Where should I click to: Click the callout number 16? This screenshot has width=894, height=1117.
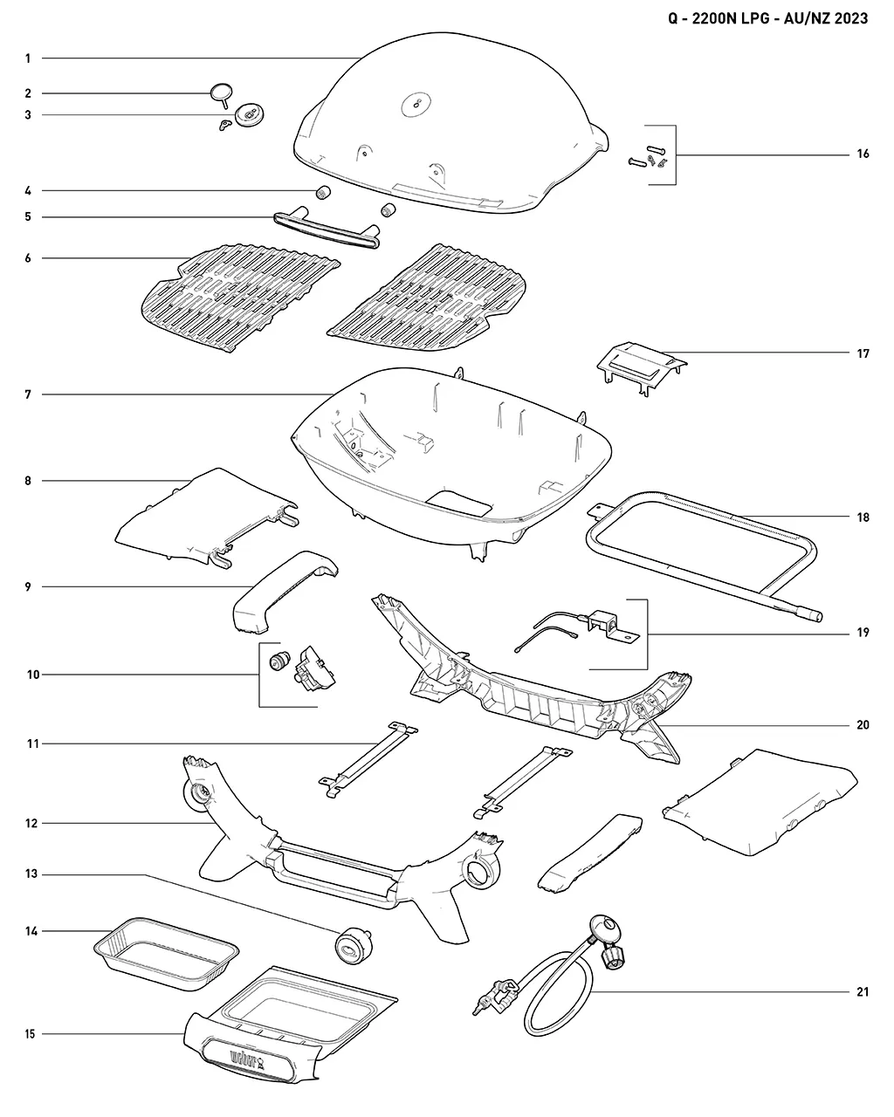pos(863,154)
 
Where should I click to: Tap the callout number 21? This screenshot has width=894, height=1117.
pos(863,992)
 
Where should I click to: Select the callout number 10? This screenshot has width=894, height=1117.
pos(33,675)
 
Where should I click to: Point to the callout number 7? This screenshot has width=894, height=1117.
pos(28,395)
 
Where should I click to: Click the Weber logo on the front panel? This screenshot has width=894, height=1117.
pos(246,1060)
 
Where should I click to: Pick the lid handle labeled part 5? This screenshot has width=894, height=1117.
pos(327,228)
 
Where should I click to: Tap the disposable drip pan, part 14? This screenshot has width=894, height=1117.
pos(166,953)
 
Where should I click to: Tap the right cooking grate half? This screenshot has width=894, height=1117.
pos(429,298)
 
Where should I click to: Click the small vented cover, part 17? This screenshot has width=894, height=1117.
pos(642,367)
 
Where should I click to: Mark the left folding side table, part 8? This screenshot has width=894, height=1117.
pos(207,518)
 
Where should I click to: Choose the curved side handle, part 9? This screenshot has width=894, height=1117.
pos(285,592)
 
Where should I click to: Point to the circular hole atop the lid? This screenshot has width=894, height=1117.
pos(416,106)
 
